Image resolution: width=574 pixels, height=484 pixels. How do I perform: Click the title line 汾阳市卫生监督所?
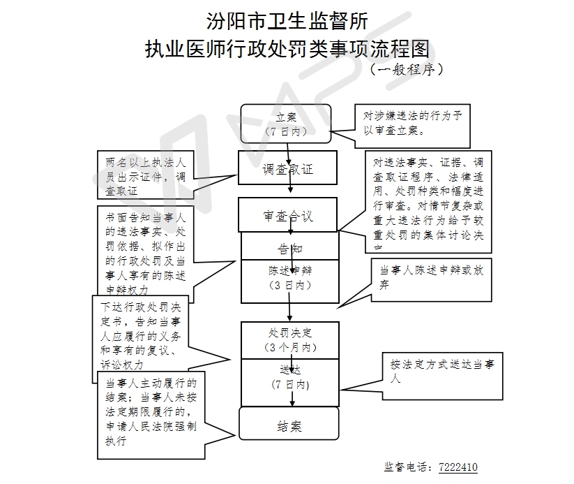pyautogui.click(x=287, y=21)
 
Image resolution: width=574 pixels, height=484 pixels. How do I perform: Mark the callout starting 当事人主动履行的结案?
pyautogui.click(x=151, y=413)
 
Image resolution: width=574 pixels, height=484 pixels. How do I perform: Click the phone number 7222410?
pyautogui.click(x=458, y=467)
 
